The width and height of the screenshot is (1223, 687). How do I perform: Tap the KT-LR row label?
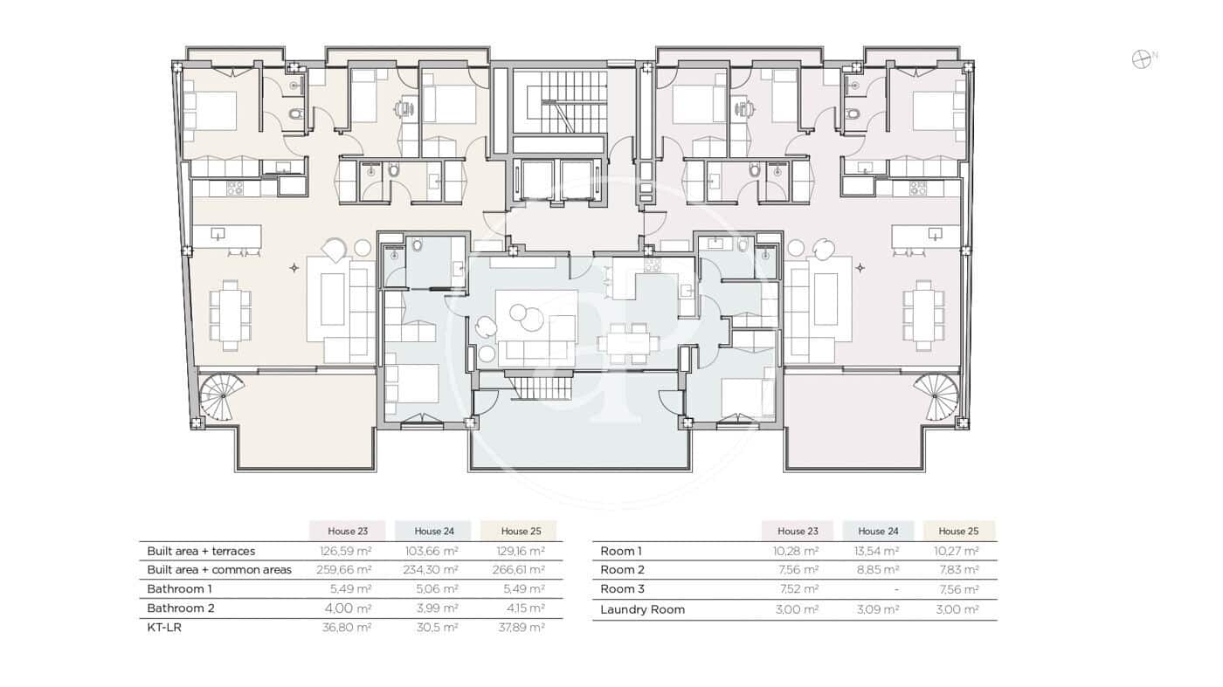[x=164, y=627]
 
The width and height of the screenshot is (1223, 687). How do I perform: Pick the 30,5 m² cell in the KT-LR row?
[x=436, y=627]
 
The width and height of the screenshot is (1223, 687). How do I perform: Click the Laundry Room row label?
[x=642, y=609]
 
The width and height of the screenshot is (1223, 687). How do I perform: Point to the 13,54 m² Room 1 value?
[x=877, y=551]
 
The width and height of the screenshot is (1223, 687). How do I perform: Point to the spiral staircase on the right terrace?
[x=936, y=395]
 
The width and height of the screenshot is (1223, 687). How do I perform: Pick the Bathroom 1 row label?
[x=179, y=588]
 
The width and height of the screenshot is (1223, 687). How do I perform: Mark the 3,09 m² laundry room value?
[x=877, y=609]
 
